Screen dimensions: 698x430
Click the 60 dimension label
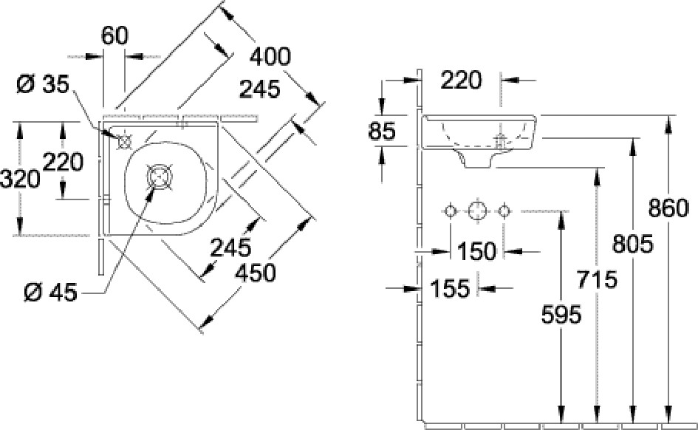(114, 36)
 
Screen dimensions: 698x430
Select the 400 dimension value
(270, 57)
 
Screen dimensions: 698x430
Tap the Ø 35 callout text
(43, 84)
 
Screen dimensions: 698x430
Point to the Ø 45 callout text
(51, 293)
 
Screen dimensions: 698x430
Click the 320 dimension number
(20, 180)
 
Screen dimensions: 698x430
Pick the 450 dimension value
(256, 273)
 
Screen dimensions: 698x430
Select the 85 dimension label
(382, 131)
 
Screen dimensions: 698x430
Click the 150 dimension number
(476, 251)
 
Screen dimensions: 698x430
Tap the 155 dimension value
(450, 288)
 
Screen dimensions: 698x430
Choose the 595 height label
(561, 315)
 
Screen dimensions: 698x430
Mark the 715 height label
(597, 279)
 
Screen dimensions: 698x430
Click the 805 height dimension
(632, 244)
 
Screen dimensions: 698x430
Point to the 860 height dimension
(668, 208)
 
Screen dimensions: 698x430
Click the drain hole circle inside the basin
(160, 177)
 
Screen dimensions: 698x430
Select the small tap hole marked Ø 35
(125, 142)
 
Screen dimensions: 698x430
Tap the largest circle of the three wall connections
(477, 211)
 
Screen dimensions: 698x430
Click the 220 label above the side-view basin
(461, 81)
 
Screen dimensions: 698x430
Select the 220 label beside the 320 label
(63, 162)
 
